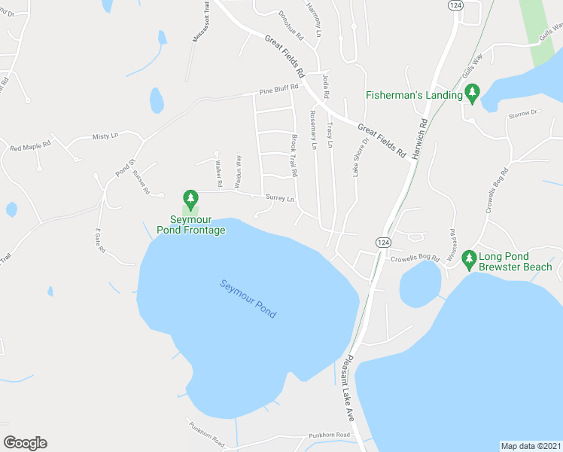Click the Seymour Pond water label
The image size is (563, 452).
pos(248,298)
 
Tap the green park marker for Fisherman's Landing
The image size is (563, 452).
pos(472,94)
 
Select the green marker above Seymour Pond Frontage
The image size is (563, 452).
pos(191,200)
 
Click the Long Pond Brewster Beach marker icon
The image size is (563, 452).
pos(469,260)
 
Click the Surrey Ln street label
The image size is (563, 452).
pos(279,198)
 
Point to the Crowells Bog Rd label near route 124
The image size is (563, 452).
pos(415,259)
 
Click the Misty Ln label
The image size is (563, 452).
pos(105,136)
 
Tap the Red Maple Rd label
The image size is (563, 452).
pos(31,145)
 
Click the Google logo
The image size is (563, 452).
pos(25,443)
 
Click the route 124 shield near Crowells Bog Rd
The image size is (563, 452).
pos(384,242)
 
